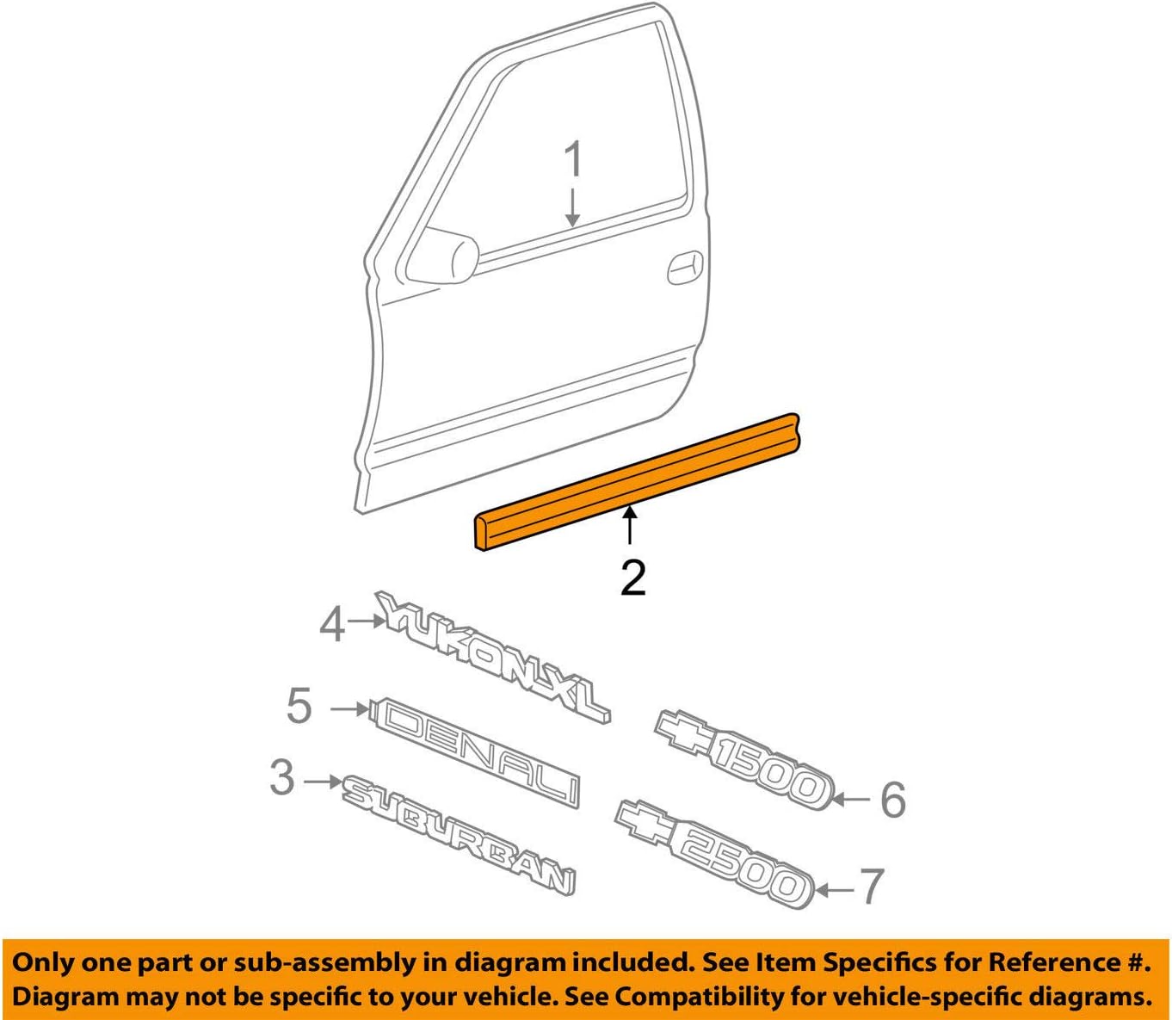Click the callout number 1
point(573,161)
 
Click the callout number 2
point(632,578)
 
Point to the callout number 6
point(892,800)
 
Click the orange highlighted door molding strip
point(637,483)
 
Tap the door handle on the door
point(685,268)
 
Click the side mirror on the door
point(443,256)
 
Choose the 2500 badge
point(714,852)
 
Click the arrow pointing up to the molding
point(631,525)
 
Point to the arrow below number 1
point(572,208)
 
